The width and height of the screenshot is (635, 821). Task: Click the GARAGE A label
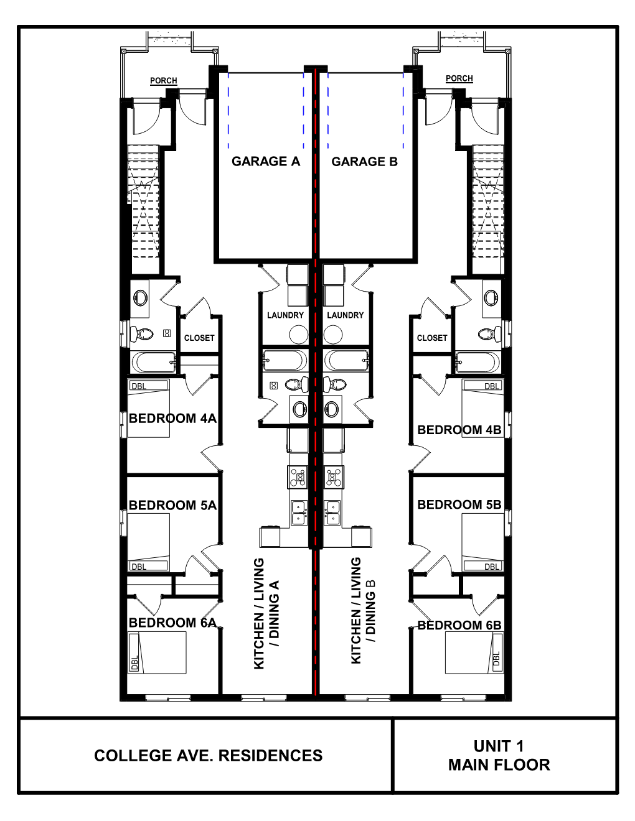pyautogui.click(x=266, y=162)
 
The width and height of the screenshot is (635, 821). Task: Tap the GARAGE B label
pyautogui.click(x=364, y=162)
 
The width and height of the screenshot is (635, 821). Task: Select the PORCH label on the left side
pyautogui.click(x=163, y=81)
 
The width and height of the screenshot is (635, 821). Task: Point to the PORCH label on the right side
pyautogui.click(x=459, y=78)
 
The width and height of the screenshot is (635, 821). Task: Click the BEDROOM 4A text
pyautogui.click(x=172, y=419)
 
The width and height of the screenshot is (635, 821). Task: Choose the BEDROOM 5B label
pyautogui.click(x=459, y=504)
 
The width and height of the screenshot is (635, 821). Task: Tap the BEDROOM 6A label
pyautogui.click(x=172, y=623)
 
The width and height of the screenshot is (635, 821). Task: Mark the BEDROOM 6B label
pyautogui.click(x=459, y=625)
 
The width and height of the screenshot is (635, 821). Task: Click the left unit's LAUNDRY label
pyautogui.click(x=285, y=315)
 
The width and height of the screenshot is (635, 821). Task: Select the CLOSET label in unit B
pyautogui.click(x=432, y=338)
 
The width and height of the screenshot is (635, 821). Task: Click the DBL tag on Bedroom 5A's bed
pyautogui.click(x=139, y=567)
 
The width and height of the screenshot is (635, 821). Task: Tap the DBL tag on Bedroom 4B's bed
pyautogui.click(x=492, y=386)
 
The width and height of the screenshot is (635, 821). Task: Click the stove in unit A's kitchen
pyautogui.click(x=298, y=477)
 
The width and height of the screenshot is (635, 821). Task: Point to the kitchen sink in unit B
pyautogui.click(x=332, y=512)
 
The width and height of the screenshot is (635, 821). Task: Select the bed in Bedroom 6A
pyautogui.click(x=158, y=652)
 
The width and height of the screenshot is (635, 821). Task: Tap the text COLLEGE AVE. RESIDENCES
pyautogui.click(x=208, y=756)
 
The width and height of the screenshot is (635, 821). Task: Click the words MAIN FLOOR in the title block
pyautogui.click(x=499, y=765)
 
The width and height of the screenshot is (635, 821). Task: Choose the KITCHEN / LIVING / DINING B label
pyautogui.click(x=364, y=610)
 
